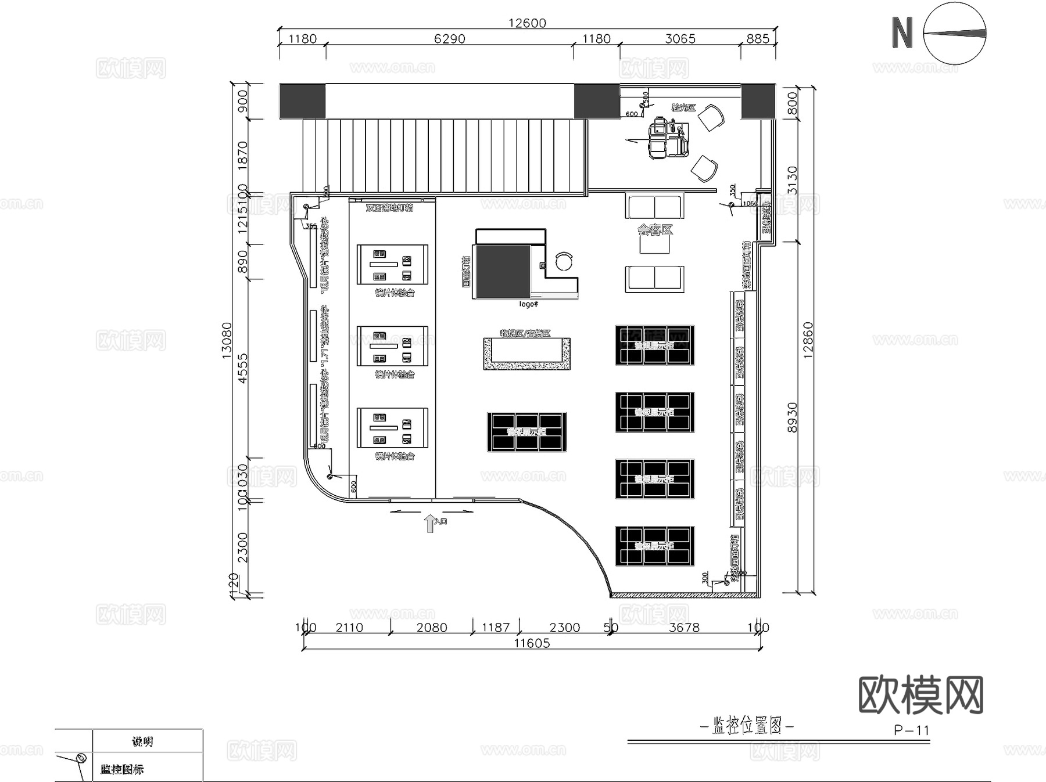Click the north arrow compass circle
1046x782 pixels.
coord(954,34)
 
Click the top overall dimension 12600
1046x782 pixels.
coord(527,23)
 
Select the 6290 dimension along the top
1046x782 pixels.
coord(449,39)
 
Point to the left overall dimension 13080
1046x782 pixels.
coord(227,341)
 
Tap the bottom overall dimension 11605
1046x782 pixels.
coord(532,643)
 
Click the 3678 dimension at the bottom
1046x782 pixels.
coord(684,628)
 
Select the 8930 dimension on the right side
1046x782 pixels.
coord(793,417)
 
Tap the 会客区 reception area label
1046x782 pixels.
coord(655,230)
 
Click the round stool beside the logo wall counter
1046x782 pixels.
coord(564,261)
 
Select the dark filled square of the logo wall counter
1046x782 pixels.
coord(501,271)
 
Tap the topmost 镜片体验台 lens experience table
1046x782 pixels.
coord(392,265)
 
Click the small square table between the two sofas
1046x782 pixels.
coord(655,244)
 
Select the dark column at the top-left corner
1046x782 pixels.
coord(302,101)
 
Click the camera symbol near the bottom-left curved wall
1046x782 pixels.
coord(330,476)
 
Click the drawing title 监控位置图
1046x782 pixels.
coord(747,726)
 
